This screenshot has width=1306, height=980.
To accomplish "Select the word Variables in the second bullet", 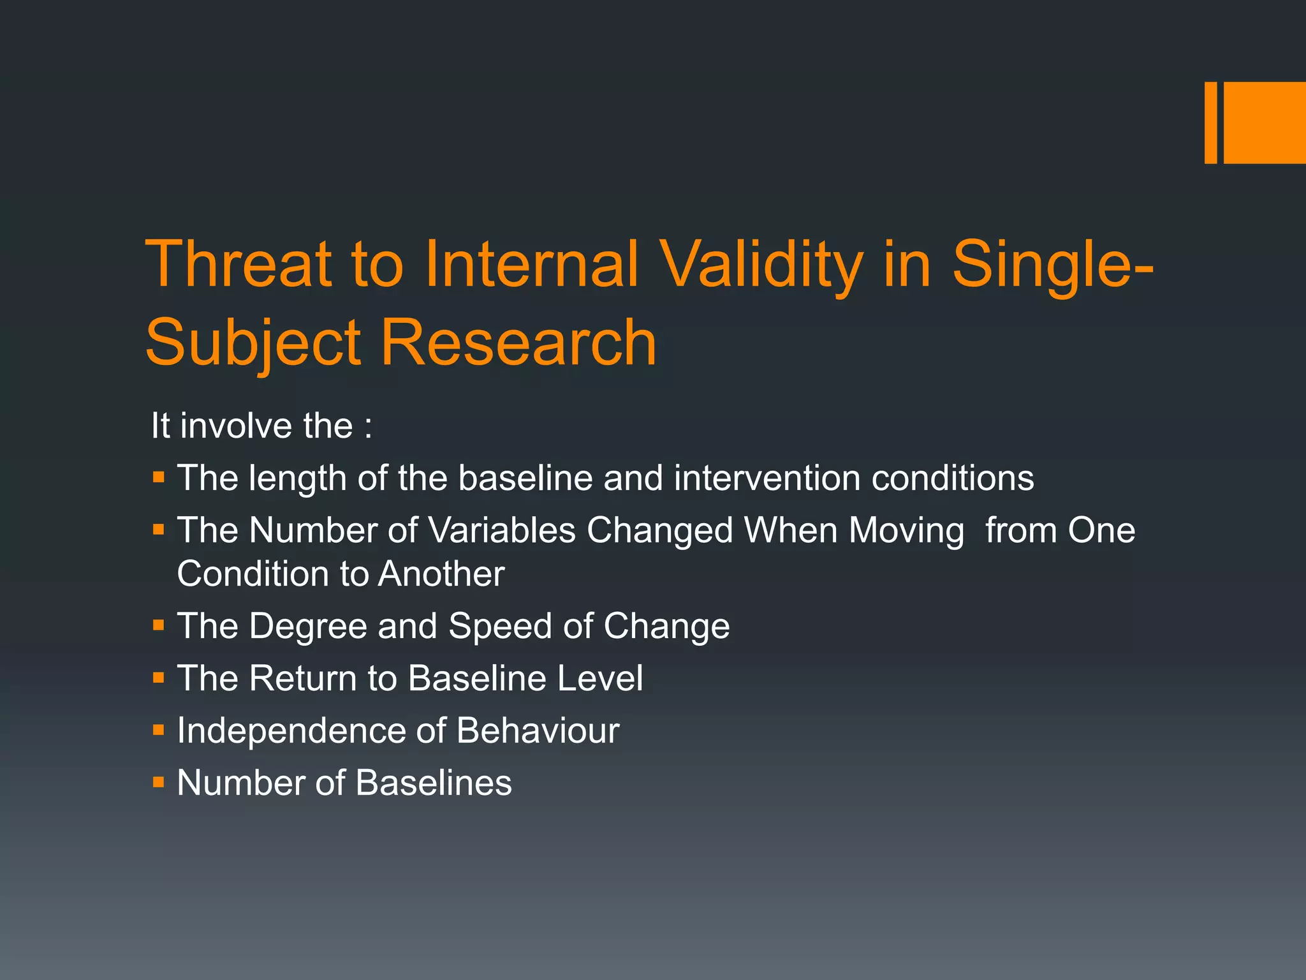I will point(502,530).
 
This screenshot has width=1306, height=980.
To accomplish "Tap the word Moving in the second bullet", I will point(906,530).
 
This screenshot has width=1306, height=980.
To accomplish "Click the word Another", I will point(441,574).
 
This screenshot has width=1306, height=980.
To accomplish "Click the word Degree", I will point(308,626).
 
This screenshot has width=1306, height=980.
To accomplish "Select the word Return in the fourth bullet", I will point(302,678).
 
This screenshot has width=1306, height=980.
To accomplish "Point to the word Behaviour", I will point(538,731).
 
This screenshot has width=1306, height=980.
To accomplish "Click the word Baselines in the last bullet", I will point(434,783).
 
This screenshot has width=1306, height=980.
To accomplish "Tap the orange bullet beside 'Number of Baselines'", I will point(159,782).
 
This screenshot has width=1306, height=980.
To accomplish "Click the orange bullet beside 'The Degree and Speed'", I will point(159,625).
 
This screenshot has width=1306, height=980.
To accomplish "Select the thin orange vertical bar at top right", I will point(1210,122).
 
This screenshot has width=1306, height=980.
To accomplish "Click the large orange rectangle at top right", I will point(1265,122).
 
